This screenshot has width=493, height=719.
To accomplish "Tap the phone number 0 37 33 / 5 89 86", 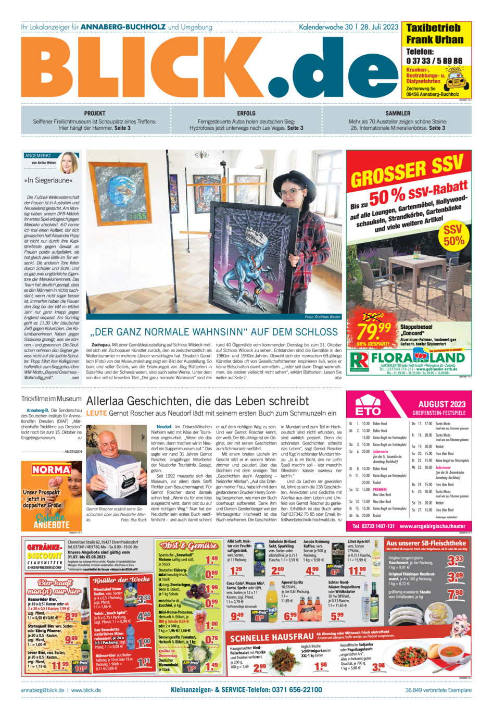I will (434, 61).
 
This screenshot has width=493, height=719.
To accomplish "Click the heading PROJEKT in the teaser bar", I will (94, 113).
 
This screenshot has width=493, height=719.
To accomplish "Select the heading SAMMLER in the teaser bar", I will (398, 113).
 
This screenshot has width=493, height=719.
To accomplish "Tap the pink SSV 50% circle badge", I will (453, 235).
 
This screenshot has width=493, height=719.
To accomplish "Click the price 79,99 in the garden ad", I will (374, 330).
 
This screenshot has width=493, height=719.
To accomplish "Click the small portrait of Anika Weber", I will (68, 163).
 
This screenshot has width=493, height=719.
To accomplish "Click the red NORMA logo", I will (51, 469).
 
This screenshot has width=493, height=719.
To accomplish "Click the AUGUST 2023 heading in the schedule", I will (441, 404).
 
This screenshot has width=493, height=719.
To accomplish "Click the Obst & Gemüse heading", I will (189, 546).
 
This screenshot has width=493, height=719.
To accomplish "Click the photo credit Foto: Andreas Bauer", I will (322, 317).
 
